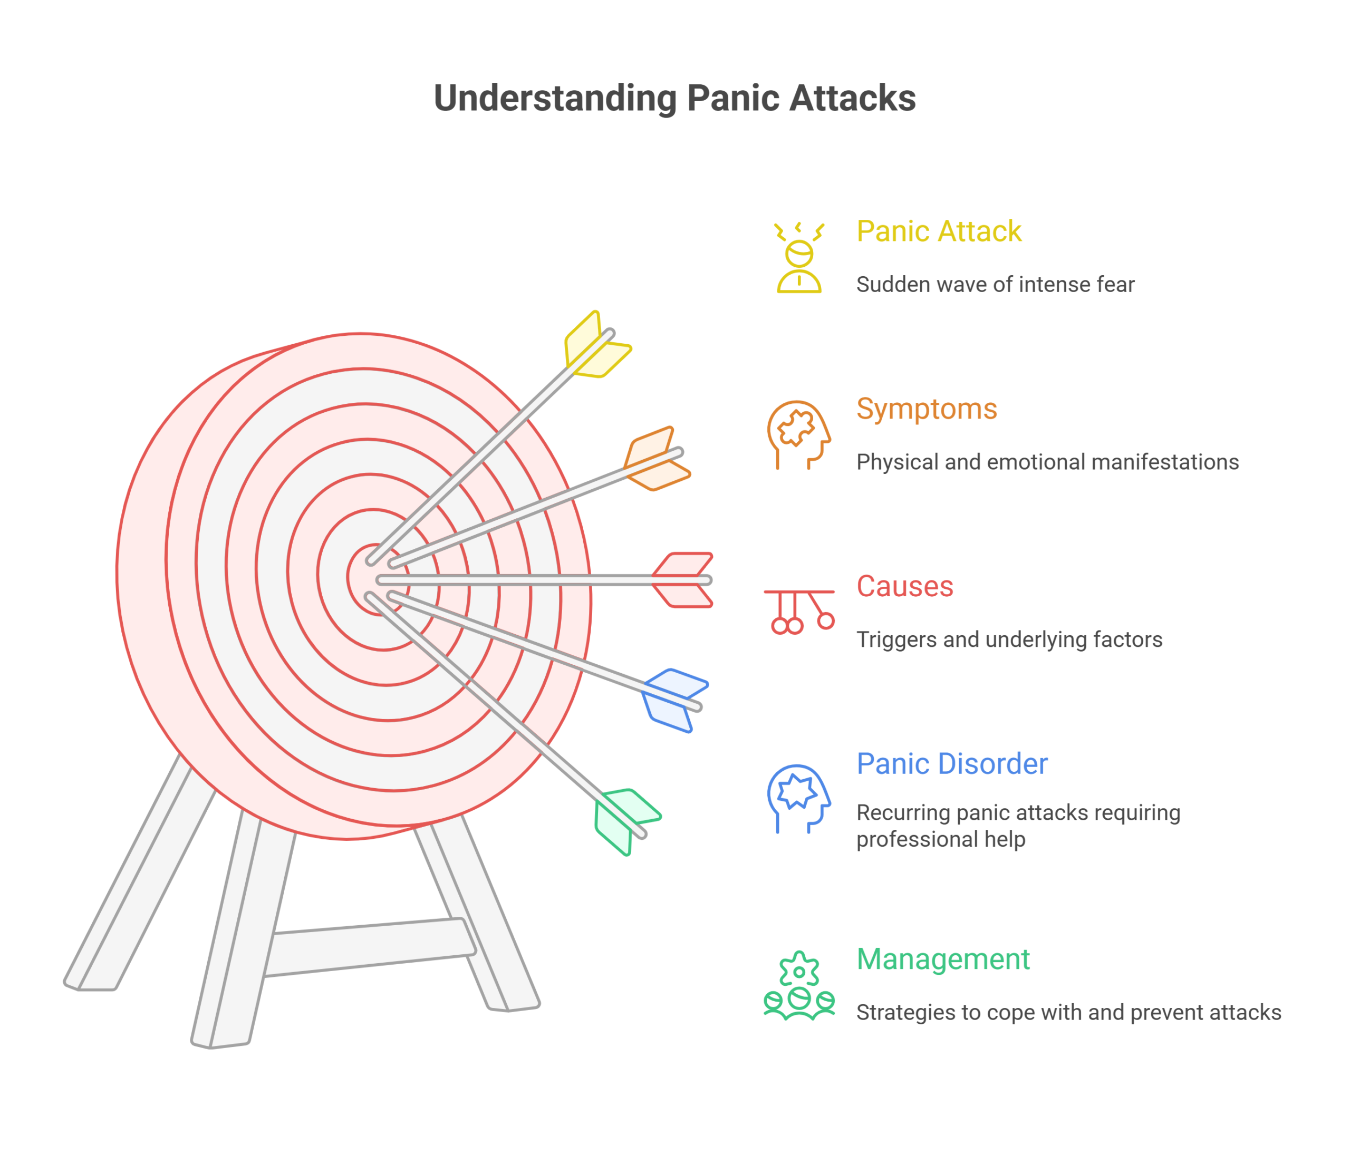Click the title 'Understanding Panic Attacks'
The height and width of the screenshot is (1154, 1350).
[674, 99]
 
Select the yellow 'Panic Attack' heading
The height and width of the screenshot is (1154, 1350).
[939, 231]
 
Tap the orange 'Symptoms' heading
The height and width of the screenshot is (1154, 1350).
[927, 410]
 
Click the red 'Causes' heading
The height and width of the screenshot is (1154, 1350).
[905, 586]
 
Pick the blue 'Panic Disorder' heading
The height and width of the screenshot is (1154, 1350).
[952, 763]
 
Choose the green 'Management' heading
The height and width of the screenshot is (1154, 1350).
[943, 959]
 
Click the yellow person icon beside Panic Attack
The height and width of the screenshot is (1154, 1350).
[799, 258]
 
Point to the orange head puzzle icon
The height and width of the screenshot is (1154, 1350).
[799, 435]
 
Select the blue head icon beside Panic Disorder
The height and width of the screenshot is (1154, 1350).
[799, 799]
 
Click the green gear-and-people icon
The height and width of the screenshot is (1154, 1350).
[799, 985]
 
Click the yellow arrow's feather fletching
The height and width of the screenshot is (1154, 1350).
[596, 346]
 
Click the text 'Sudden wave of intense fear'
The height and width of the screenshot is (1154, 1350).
[995, 285]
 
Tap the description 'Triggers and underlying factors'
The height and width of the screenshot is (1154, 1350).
[1009, 639]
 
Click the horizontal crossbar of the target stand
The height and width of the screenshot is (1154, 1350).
[370, 947]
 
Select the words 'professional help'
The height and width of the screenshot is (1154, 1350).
[941, 839]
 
